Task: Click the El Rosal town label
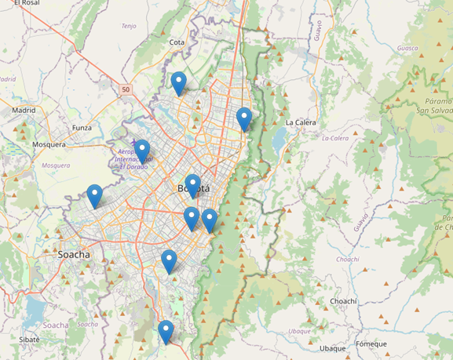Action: [26, 3]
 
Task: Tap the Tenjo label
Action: [129, 26]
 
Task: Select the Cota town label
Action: [177, 42]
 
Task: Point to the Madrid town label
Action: [24, 111]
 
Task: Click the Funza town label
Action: [82, 128]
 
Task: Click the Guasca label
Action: [429, 49]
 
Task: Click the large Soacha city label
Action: [74, 255]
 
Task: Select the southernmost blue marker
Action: [165, 332]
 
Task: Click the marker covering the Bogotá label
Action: [192, 186]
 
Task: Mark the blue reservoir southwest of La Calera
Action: [276, 140]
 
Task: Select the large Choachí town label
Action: [343, 300]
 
